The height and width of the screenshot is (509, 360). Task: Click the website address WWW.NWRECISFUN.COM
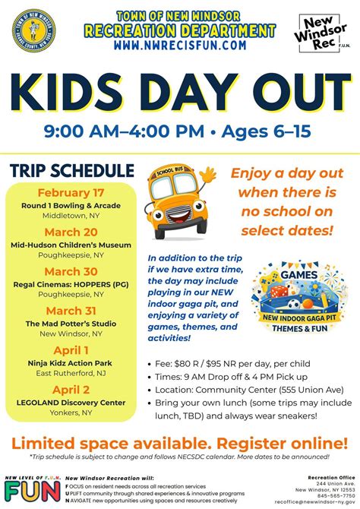pyautogui.click(x=180, y=46)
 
